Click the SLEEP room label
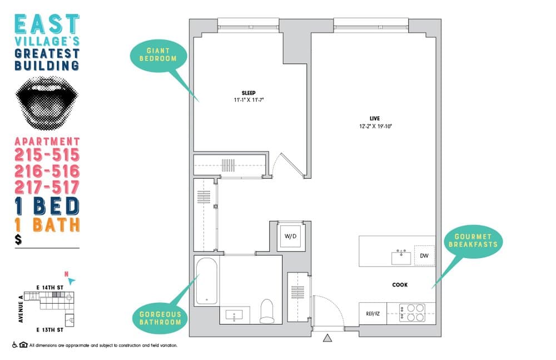248,92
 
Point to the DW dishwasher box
424,256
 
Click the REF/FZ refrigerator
372,314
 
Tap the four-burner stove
412,313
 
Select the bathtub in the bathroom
206,281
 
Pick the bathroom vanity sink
234,315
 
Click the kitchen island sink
400,257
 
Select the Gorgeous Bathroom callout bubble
160,318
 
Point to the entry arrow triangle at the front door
327,338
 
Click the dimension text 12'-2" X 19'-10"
376,126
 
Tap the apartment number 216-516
47,171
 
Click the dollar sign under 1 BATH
19,240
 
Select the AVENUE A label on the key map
21,308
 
